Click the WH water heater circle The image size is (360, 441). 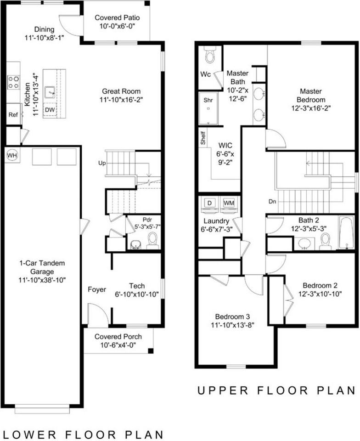(12, 155)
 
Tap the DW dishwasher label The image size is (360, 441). (50, 110)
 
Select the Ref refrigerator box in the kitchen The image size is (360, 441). (13, 114)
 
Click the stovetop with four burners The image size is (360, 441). (13, 82)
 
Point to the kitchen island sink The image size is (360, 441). (50, 92)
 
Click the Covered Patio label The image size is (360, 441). (117, 18)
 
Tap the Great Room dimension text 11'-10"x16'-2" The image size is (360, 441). (121, 100)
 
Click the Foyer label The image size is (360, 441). (97, 289)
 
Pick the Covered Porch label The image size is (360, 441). (118, 337)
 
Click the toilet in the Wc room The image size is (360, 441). (210, 55)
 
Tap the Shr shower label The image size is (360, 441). (208, 100)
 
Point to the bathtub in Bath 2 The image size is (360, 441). (347, 232)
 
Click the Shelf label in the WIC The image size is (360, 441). (203, 138)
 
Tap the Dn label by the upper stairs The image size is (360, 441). (272, 201)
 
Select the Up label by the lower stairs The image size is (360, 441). (102, 163)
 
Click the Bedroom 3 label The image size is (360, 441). (232, 317)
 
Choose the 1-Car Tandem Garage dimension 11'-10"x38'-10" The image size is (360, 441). (42, 280)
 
